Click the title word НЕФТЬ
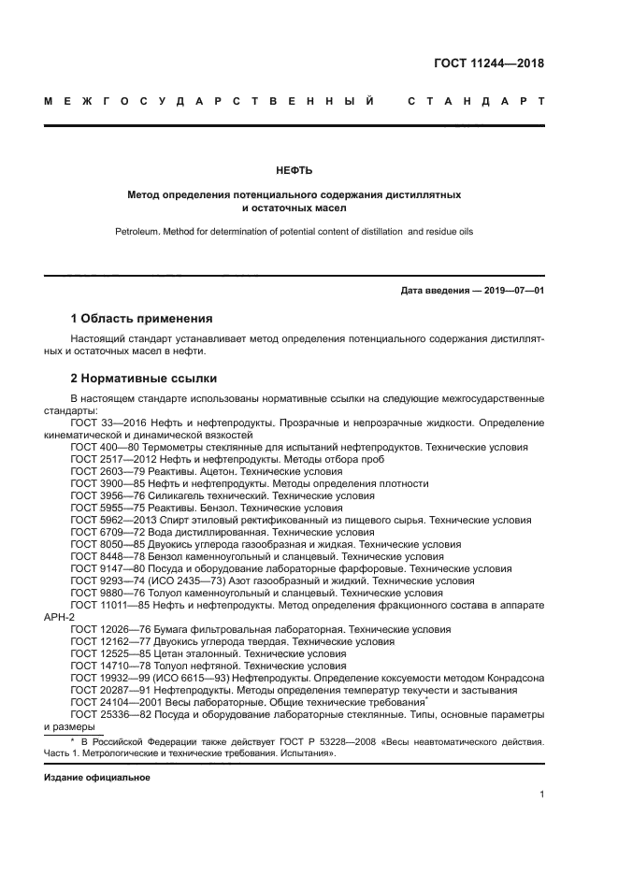coord(294,170)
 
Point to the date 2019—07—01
coord(510,291)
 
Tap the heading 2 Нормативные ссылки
coord(144,379)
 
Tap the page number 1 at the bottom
coord(541,795)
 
